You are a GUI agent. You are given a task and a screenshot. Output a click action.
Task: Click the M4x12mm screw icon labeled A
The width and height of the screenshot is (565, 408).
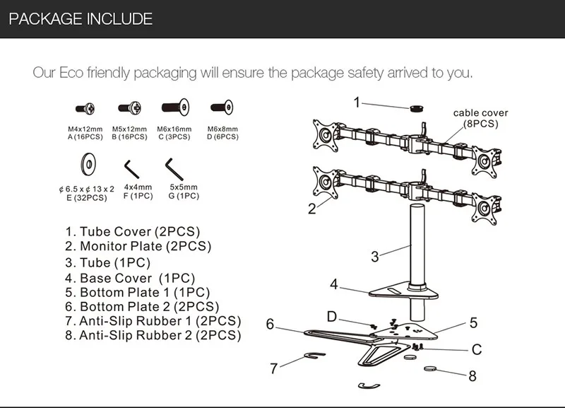pyautogui.click(x=85, y=108)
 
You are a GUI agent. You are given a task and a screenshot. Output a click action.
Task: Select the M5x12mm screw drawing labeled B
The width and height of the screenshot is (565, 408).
pyautogui.click(x=130, y=107)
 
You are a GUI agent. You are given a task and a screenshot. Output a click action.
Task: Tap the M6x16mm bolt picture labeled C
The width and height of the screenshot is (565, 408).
pyautogui.click(x=175, y=107)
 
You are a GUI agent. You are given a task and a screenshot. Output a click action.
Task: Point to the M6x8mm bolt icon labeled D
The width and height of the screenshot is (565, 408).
pyautogui.click(x=222, y=107)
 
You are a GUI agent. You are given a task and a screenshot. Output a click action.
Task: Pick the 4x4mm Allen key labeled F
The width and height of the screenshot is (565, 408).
pyautogui.click(x=132, y=169)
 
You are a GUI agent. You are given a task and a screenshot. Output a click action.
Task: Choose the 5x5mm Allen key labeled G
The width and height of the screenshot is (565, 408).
pyautogui.click(x=174, y=169)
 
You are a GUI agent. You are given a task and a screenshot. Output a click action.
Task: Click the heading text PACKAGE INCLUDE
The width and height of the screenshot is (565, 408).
pyautogui.click(x=81, y=19)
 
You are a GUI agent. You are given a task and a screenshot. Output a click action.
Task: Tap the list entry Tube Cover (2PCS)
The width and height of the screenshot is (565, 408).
pyautogui.click(x=133, y=232)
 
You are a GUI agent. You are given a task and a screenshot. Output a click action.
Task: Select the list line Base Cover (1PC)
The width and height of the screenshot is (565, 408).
pyautogui.click(x=130, y=278)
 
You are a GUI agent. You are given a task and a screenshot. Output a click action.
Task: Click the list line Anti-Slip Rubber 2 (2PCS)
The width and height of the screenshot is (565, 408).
pyautogui.click(x=153, y=335)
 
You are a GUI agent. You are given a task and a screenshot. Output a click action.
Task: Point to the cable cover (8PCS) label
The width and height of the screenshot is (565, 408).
pyautogui.click(x=481, y=118)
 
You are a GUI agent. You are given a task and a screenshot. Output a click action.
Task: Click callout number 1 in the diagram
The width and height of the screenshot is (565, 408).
pyautogui.click(x=357, y=103)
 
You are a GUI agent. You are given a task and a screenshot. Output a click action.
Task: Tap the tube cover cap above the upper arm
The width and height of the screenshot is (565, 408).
pyautogui.click(x=417, y=108)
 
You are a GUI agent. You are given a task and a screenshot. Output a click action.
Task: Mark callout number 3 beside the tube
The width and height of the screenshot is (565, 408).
pyautogui.click(x=375, y=257)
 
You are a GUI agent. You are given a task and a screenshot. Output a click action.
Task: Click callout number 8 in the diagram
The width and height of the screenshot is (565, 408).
pyautogui.click(x=472, y=376)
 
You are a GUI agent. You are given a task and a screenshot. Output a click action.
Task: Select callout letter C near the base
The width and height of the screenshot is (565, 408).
pyautogui.click(x=476, y=349)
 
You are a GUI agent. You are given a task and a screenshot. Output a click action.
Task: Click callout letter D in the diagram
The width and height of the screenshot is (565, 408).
pyautogui.click(x=331, y=316)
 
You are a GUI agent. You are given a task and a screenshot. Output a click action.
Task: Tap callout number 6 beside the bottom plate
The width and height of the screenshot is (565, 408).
pyautogui.click(x=270, y=324)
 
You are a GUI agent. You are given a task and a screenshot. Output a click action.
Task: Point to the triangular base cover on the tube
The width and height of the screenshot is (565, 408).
pyautogui.click(x=403, y=291)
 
